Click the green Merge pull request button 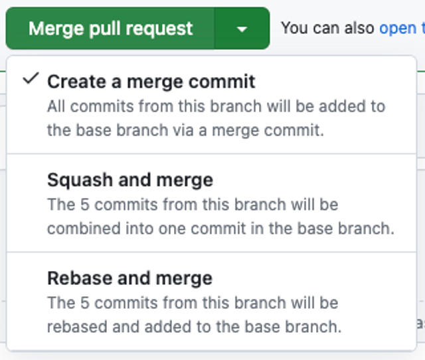coord(110,29)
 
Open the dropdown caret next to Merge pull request coord(242,29)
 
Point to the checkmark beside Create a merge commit coord(29,80)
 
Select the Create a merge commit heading coord(151,82)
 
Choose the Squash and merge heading coord(130,180)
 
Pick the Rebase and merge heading coord(129,278)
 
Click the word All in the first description coord(56,106)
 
